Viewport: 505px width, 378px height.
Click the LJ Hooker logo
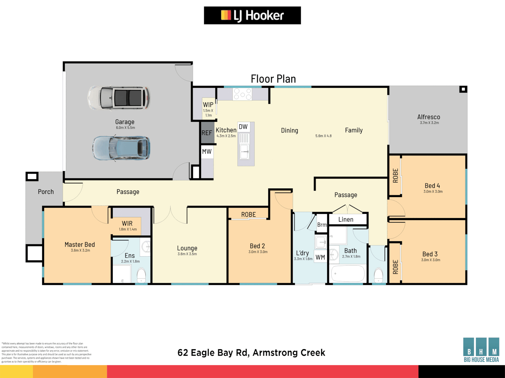pyautogui.click(x=252, y=15)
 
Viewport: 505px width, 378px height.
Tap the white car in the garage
pyautogui.click(x=119, y=98)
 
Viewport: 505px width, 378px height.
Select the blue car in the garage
pyautogui.click(x=122, y=148)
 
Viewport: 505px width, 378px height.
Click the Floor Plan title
pyautogui.click(x=273, y=79)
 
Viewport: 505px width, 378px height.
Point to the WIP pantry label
pyautogui.click(x=208, y=105)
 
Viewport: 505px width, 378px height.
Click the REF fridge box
pyautogui.click(x=207, y=133)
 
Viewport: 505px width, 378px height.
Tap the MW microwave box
pyautogui.click(x=207, y=152)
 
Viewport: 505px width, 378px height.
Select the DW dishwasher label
pyautogui.click(x=243, y=127)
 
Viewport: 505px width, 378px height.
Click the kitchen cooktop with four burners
pyautogui.click(x=242, y=94)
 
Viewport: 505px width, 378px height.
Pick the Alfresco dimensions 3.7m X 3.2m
pyautogui.click(x=429, y=123)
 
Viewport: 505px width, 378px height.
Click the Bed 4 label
pyautogui.click(x=432, y=186)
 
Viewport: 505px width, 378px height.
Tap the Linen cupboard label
pyautogui.click(x=346, y=219)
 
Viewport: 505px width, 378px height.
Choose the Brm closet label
pyautogui.click(x=322, y=225)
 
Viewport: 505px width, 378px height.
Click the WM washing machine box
pyautogui.click(x=320, y=257)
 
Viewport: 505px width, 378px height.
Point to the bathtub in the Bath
pyautogui.click(x=348, y=274)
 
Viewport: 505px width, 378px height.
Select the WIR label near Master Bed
pyautogui.click(x=127, y=223)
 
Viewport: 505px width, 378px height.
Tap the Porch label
pyautogui.click(x=46, y=192)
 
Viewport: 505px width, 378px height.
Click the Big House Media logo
pyautogui.click(x=481, y=350)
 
